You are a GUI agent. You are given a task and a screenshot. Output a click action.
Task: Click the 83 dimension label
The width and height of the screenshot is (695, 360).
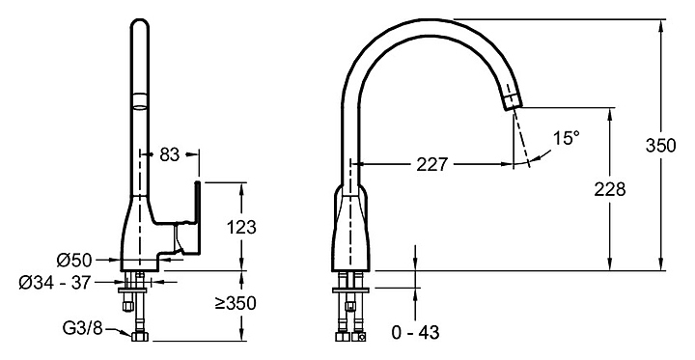pyautogui.click(x=169, y=154)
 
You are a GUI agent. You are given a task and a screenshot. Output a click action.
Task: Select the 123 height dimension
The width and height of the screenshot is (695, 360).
pyautogui.click(x=241, y=228)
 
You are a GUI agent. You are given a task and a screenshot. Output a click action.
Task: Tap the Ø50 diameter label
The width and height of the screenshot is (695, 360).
pyautogui.click(x=74, y=260)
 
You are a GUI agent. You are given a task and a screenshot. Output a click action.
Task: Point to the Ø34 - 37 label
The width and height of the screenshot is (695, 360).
pyautogui.click(x=54, y=282)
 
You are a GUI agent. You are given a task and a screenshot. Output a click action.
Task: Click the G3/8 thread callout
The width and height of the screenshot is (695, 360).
pyautogui.click(x=82, y=328)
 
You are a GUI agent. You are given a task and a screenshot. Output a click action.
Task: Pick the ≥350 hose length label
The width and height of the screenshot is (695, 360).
pyautogui.click(x=236, y=303)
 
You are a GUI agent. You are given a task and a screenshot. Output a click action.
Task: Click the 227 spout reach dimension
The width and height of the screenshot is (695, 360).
pyautogui.click(x=432, y=164)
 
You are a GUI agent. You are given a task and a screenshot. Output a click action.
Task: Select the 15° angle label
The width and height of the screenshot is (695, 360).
pyautogui.click(x=566, y=138)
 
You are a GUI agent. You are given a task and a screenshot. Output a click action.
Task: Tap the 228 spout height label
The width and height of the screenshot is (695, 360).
pyautogui.click(x=610, y=189)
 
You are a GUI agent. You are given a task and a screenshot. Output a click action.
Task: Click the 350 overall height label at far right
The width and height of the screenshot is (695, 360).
pyautogui.click(x=661, y=146)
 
